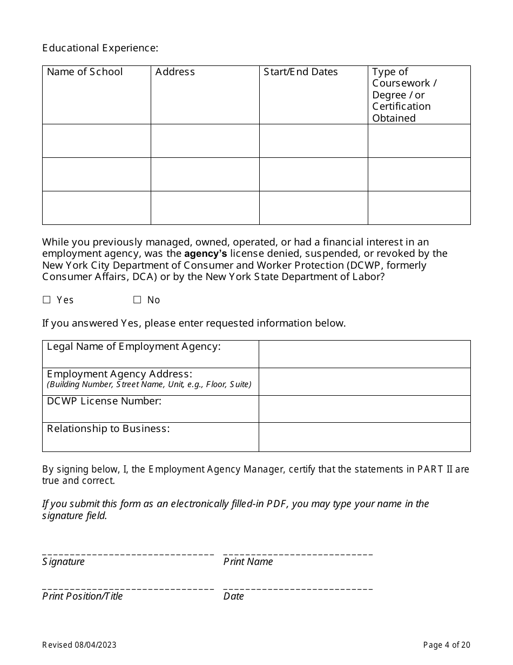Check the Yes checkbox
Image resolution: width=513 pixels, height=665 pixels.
point(46,300)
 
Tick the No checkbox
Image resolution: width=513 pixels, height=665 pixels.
point(137,300)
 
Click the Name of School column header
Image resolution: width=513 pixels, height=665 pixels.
point(85,72)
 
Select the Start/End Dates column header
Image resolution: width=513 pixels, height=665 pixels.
point(300,72)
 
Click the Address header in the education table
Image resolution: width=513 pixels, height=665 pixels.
point(175,72)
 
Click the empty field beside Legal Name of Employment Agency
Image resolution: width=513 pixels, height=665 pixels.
point(364,354)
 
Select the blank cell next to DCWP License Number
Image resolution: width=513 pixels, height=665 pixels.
point(364,409)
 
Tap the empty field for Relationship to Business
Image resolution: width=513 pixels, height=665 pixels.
point(364,437)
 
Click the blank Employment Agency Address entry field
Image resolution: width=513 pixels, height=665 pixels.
point(364,382)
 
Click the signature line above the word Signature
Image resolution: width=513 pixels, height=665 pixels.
point(128,554)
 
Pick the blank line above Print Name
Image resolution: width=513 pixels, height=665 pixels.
point(298,554)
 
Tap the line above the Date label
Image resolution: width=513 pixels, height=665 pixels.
point(298,588)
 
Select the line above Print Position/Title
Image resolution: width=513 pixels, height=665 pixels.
point(128,588)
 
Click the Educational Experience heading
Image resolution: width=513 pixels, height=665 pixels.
point(100,48)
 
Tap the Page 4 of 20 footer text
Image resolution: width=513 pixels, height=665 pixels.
point(447,644)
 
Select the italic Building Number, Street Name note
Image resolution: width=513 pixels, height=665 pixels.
point(149,384)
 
